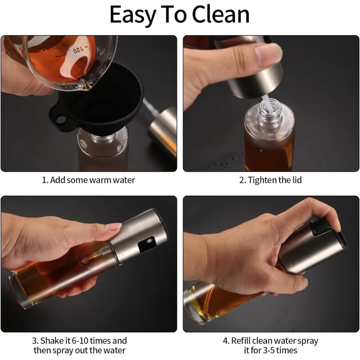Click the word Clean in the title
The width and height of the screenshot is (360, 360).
coord(220,14)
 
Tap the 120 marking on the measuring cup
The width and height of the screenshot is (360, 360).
coord(77,51)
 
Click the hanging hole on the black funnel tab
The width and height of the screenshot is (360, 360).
coord(61,119)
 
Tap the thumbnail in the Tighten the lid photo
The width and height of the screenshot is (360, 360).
coord(269,52)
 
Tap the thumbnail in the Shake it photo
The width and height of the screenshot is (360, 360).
coord(114,226)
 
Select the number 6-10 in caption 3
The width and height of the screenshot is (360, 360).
coord(81,341)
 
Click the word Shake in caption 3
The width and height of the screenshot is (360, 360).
coord(52,341)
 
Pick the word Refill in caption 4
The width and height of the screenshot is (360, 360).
coord(241,341)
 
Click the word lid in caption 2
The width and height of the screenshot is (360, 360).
coord(297,180)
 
